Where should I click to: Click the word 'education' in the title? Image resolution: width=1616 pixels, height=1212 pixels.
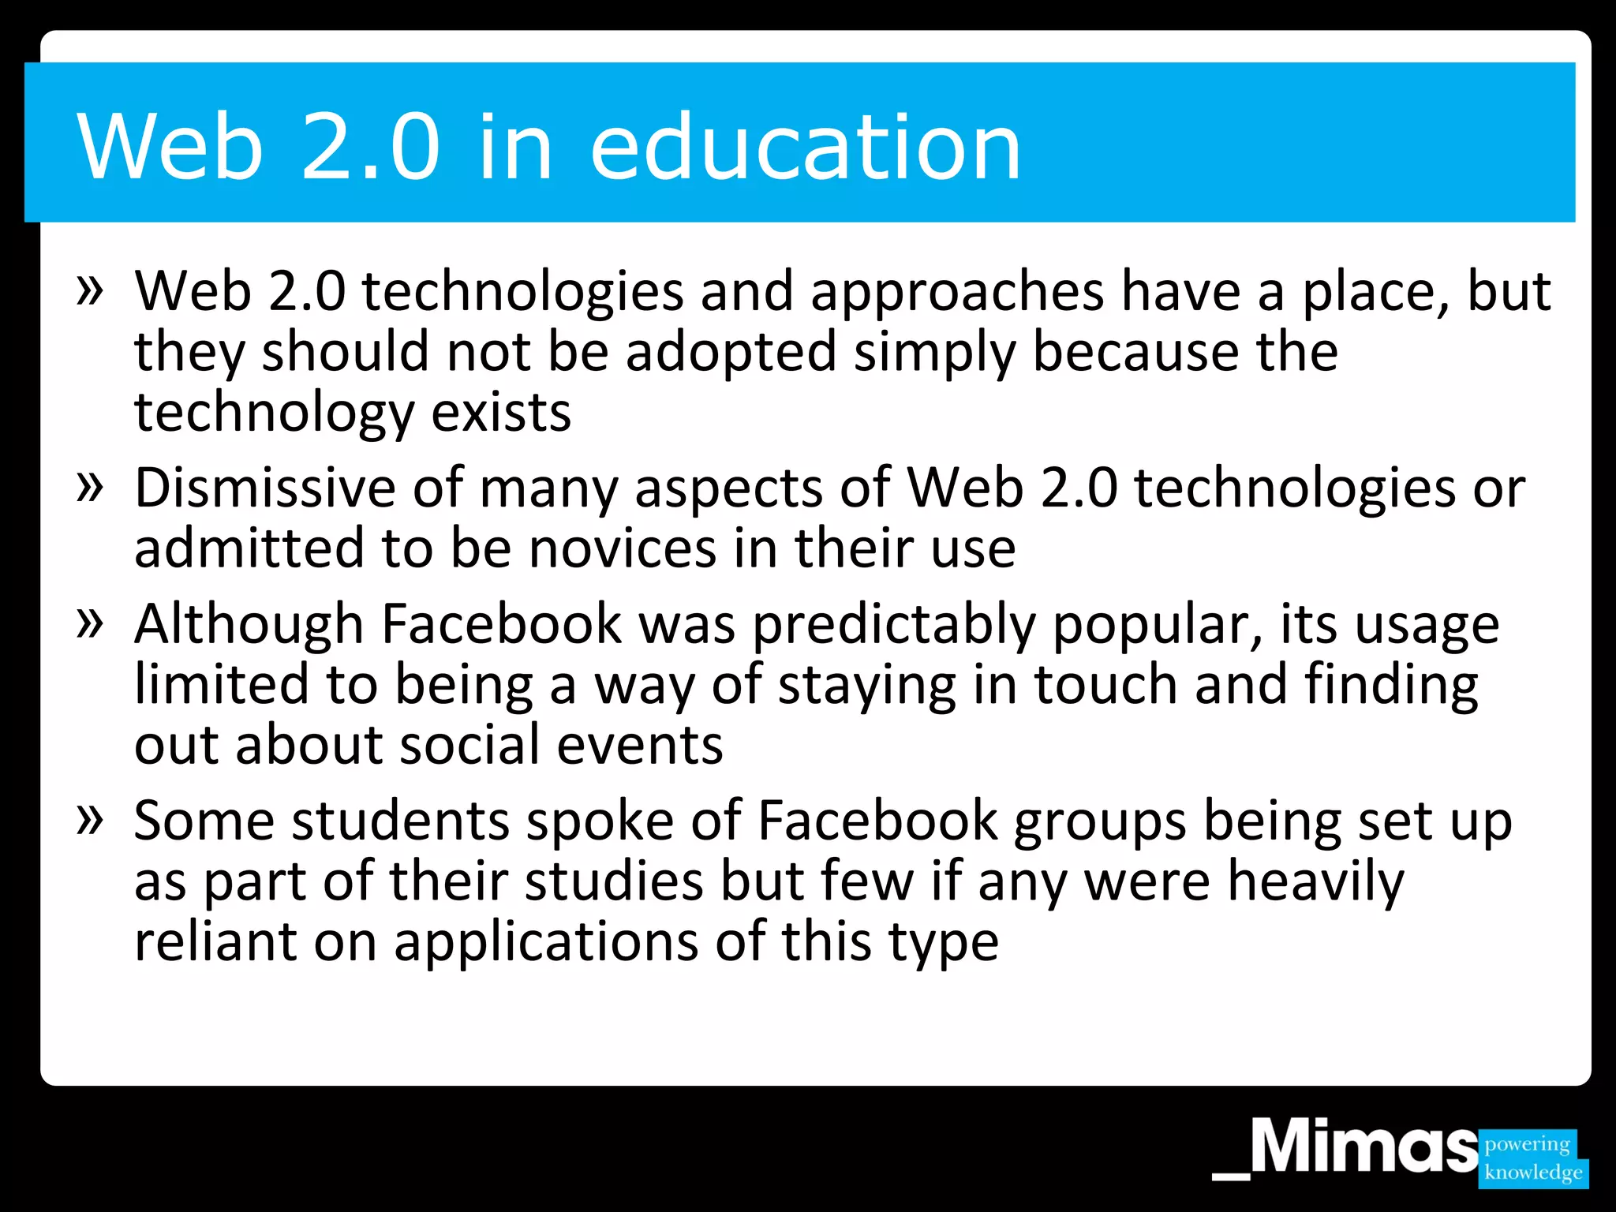point(805,147)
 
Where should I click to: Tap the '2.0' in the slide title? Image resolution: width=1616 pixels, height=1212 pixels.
point(370,147)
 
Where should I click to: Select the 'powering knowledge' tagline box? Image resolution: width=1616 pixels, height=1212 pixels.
point(1532,1158)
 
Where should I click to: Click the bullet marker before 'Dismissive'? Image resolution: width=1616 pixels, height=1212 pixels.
point(90,486)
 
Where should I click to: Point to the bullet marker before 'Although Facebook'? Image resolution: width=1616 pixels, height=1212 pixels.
point(90,623)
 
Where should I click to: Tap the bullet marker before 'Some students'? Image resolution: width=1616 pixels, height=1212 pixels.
point(90,820)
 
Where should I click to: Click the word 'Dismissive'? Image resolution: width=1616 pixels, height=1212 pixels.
point(264,488)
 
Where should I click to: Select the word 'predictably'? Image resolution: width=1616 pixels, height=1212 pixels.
point(893,625)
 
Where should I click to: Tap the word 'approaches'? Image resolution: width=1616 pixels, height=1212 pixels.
point(956,293)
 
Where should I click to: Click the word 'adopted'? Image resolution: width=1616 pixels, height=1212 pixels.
point(731,352)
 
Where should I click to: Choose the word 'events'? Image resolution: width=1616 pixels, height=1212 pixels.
point(639,746)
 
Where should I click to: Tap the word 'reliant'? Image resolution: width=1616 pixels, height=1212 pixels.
point(215,941)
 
